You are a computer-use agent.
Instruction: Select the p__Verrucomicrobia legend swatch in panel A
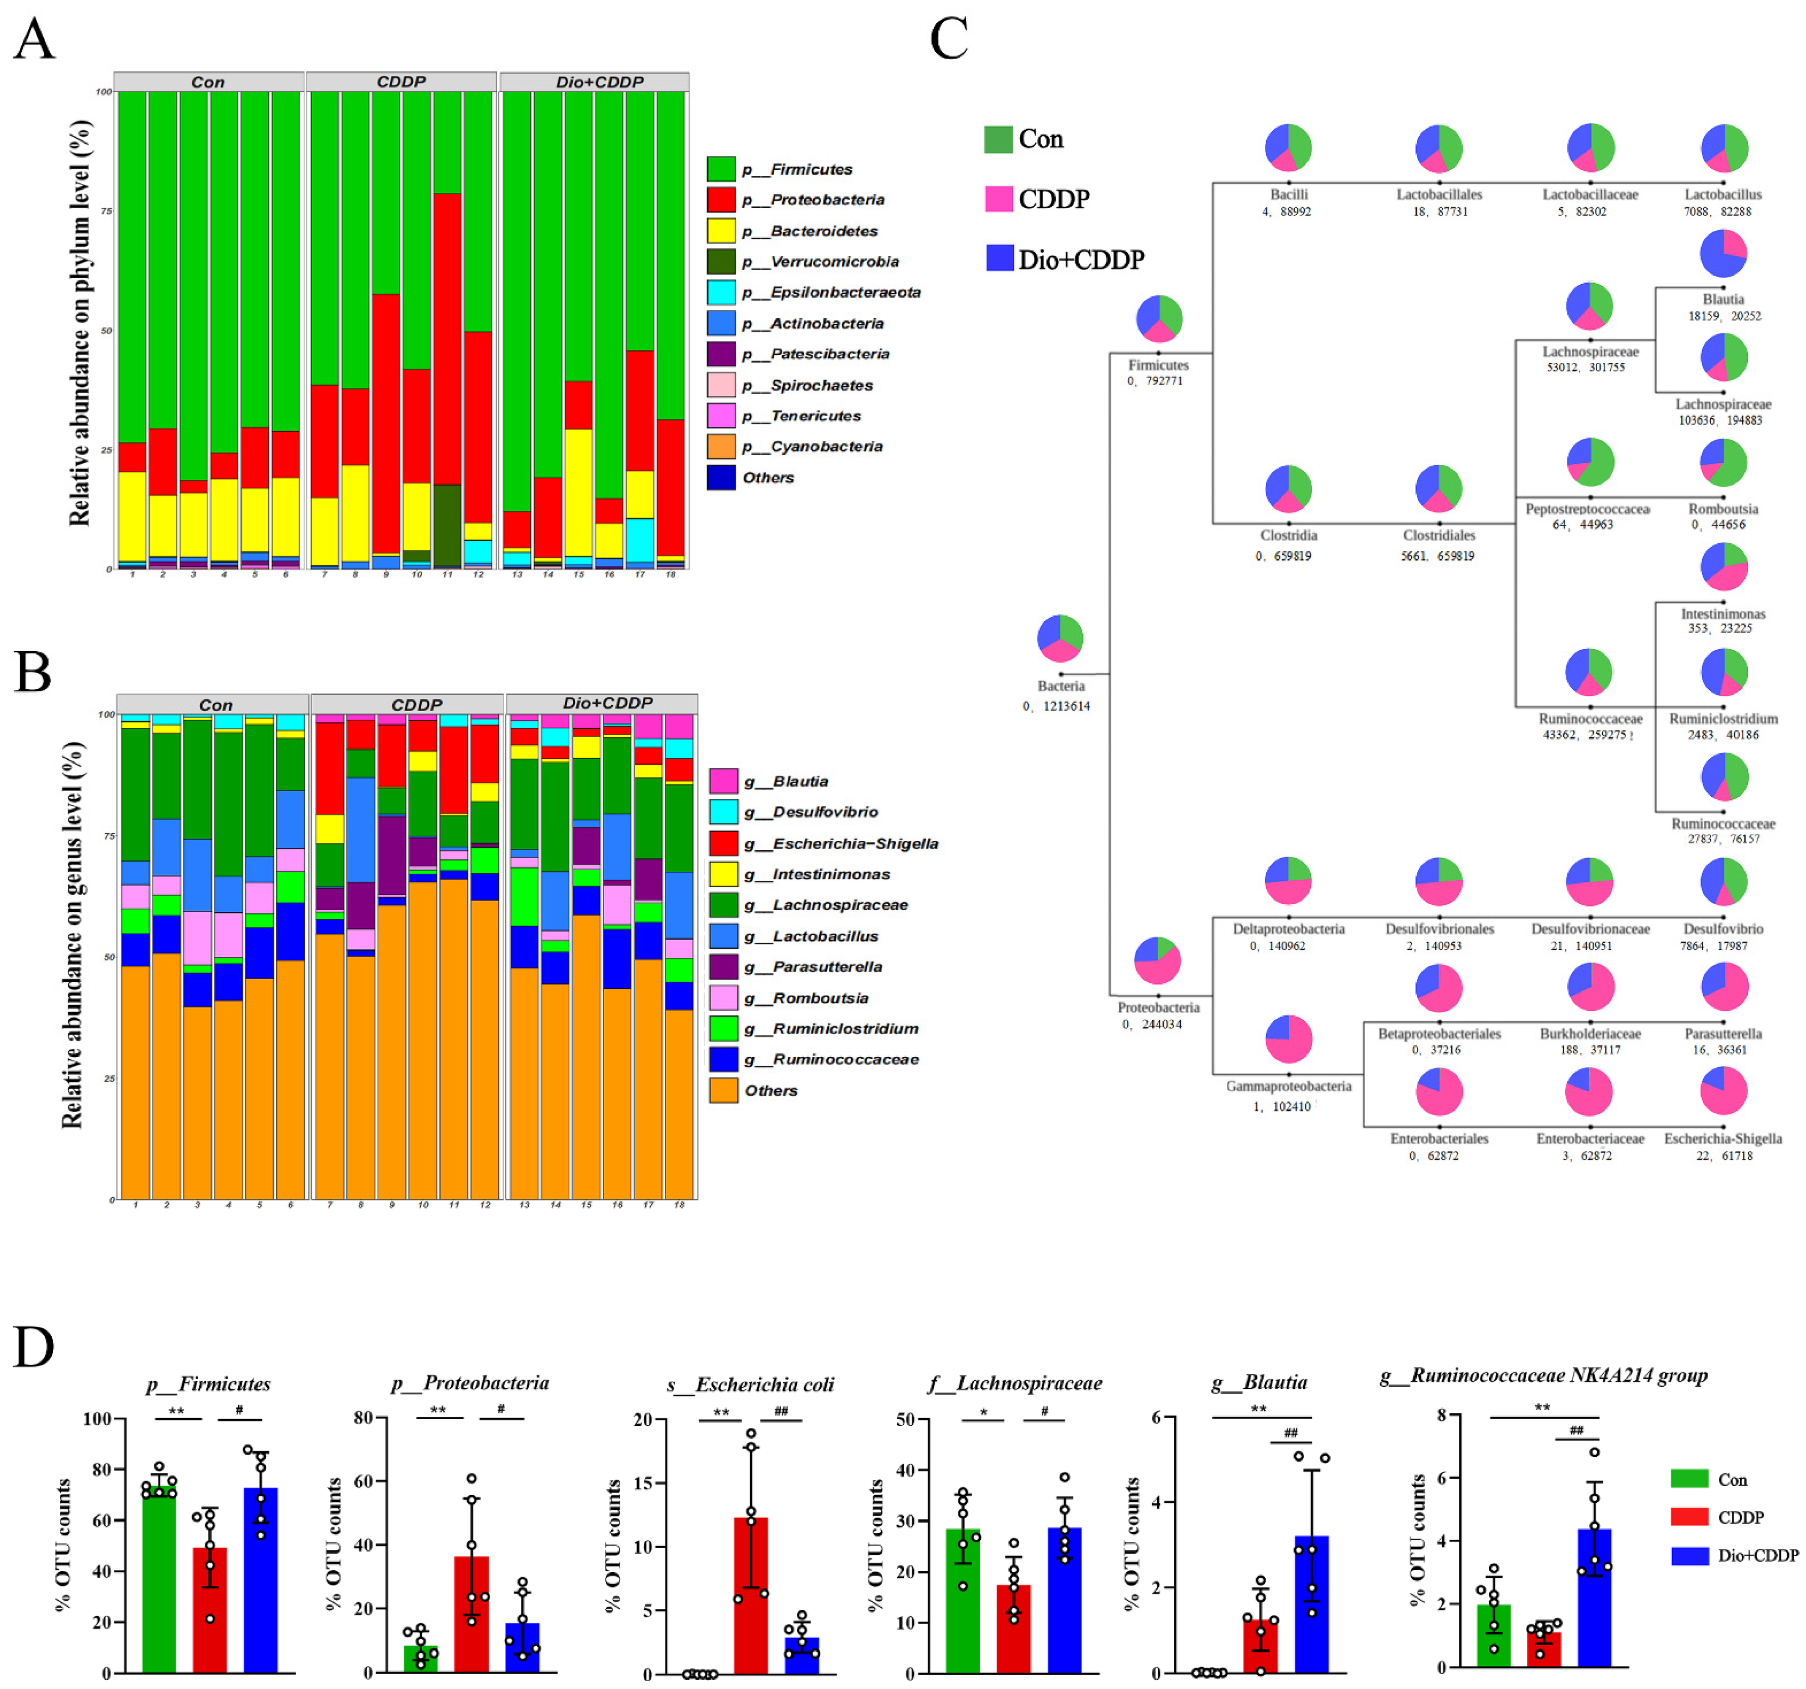(721, 261)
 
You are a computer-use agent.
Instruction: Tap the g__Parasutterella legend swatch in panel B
(723, 966)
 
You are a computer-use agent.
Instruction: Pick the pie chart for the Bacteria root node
(1060, 638)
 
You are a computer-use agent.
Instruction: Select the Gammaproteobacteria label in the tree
(1288, 1086)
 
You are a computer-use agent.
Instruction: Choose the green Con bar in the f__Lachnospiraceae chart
(963, 1600)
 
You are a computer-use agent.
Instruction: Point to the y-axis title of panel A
(80, 322)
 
